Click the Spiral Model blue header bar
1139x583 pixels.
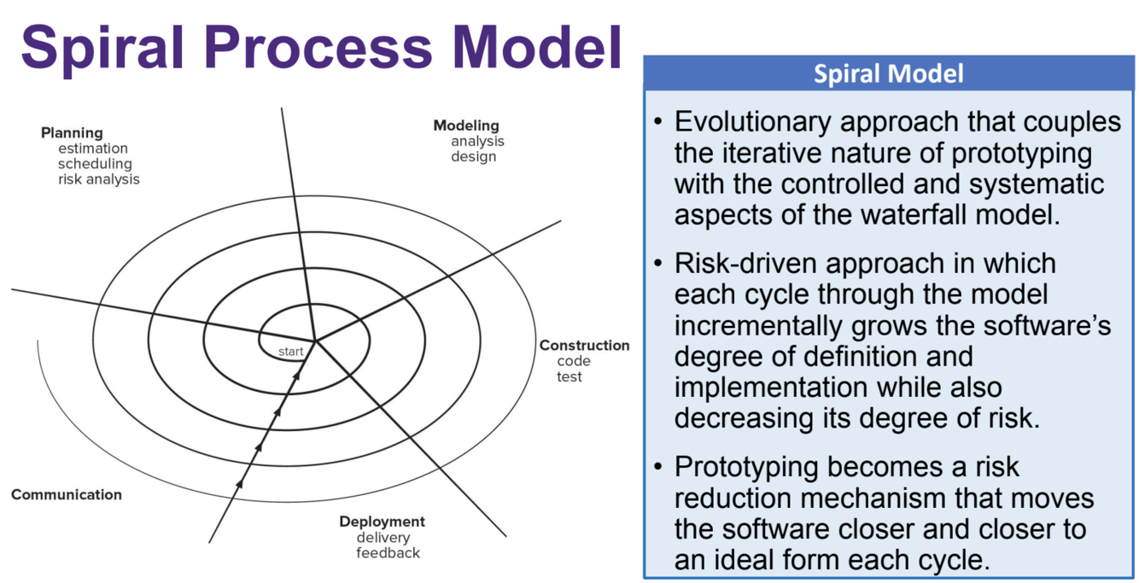point(889,73)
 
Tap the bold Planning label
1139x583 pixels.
point(73,133)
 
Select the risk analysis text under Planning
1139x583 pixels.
point(99,179)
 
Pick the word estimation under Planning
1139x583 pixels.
point(93,149)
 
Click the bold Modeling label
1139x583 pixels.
point(466,126)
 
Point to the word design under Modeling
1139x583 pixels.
point(473,156)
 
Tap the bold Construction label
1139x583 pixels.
point(585,346)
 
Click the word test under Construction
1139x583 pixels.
point(569,376)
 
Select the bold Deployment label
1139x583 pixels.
point(383,522)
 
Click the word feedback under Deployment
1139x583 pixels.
point(388,553)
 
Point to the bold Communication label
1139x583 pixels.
point(67,494)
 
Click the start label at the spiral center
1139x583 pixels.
point(290,351)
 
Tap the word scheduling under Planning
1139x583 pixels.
point(95,164)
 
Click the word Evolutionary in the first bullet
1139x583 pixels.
point(753,122)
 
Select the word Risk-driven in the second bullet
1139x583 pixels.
point(745,263)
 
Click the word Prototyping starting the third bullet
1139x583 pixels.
point(746,468)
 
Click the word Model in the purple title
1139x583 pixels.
point(537,48)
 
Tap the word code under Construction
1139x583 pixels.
point(574,361)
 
